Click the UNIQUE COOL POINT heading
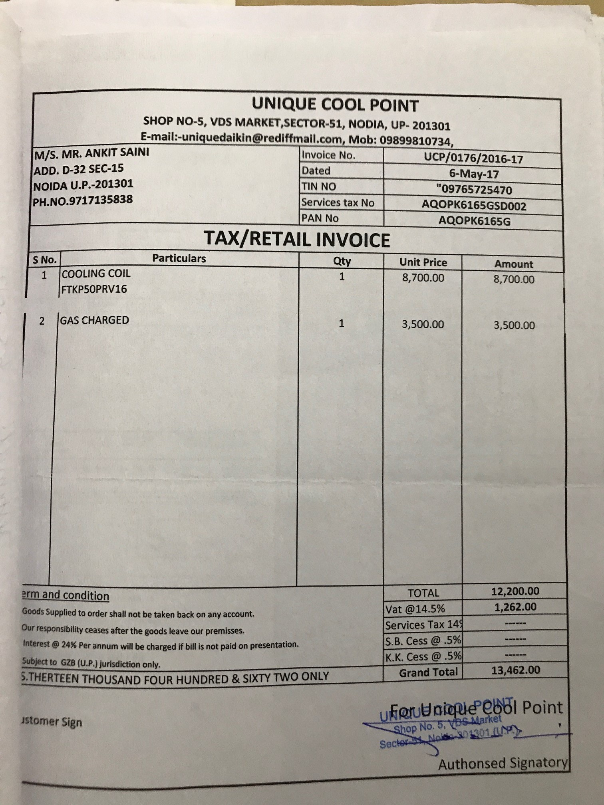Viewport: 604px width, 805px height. [335, 105]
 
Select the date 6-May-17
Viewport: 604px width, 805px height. [474, 174]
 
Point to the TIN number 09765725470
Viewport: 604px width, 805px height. [474, 190]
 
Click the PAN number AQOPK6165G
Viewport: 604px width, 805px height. [474, 221]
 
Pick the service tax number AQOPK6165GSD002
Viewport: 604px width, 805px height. [474, 206]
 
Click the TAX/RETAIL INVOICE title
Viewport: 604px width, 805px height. [297, 240]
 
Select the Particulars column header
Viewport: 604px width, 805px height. [179, 259]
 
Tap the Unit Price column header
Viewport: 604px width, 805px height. [423, 262]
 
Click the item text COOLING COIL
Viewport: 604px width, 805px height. [96, 274]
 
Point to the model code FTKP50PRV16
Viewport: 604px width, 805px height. [94, 289]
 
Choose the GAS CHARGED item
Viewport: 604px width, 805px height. [95, 320]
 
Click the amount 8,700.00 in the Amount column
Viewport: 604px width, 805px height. [514, 279]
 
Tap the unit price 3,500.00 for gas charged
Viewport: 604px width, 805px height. [423, 324]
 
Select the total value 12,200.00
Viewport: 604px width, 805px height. [515, 591]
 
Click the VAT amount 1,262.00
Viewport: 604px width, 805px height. [515, 607]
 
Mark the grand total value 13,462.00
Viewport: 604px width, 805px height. [515, 670]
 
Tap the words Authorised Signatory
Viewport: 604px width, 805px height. [503, 763]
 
